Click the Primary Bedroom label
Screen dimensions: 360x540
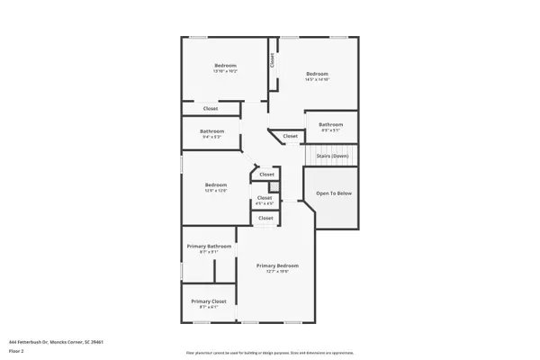(277, 265)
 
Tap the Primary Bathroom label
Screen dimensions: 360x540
(209, 246)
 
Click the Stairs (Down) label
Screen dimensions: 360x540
(332, 156)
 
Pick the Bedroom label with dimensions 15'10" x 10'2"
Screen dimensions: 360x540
(225, 65)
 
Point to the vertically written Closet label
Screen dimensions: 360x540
(271, 60)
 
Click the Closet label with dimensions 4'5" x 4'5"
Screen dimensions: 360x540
(265, 197)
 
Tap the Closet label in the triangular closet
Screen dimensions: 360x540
(290, 136)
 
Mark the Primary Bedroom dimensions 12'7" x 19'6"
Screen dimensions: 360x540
(277, 272)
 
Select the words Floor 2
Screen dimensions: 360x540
(17, 350)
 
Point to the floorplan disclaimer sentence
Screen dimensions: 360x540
(269, 352)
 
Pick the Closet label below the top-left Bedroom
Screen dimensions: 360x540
(210, 108)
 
